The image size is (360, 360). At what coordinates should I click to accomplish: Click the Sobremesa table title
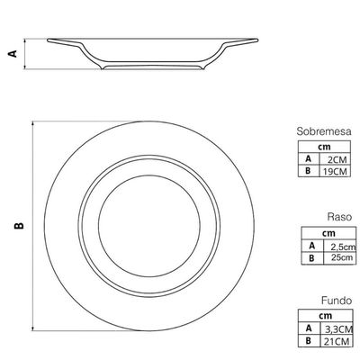[x=324, y=131]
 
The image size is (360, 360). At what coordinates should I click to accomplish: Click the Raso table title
[x=339, y=217]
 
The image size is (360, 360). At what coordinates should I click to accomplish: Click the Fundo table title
[x=337, y=301]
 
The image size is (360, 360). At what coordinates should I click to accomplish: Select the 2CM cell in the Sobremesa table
[x=337, y=159]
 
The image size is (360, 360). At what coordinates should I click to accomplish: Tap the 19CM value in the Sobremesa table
[x=335, y=171]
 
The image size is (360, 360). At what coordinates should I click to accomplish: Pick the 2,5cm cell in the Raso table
[x=343, y=247]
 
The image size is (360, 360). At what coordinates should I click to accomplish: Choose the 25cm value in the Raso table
[x=342, y=257]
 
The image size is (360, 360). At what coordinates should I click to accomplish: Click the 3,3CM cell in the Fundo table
[x=339, y=329]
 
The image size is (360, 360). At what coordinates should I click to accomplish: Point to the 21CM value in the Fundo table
[x=337, y=341]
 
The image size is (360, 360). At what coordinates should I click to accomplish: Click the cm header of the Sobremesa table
[x=324, y=147]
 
